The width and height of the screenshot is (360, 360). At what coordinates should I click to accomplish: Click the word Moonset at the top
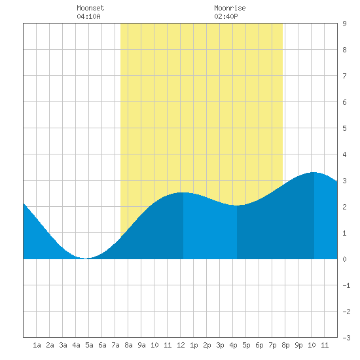point(90,8)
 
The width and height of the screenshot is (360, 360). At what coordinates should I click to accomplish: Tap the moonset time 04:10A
point(88,16)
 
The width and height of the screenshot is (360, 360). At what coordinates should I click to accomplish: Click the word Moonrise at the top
point(230,8)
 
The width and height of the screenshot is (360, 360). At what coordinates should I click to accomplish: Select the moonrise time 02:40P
point(226,16)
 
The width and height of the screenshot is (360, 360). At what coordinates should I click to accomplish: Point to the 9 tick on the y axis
point(344,24)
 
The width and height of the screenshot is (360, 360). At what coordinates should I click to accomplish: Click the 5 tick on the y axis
point(344,128)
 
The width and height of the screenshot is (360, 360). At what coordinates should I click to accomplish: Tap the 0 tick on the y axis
point(344,259)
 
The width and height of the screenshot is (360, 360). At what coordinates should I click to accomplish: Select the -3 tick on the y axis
point(346,338)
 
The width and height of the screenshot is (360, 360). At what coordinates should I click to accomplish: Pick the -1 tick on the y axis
point(346,285)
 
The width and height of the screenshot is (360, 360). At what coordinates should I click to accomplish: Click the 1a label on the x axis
point(37,345)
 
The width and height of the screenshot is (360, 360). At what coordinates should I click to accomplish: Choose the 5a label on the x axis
point(89,345)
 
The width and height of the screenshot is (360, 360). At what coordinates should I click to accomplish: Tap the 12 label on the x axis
point(181,345)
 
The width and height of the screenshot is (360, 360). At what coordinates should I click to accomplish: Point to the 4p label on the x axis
point(233,345)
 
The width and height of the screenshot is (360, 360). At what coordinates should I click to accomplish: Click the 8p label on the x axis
point(285,345)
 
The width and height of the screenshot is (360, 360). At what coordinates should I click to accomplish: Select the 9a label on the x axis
point(141,345)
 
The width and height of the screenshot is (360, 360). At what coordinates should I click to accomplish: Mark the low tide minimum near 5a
point(85,259)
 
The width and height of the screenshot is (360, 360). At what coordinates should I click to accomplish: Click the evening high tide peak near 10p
point(314,172)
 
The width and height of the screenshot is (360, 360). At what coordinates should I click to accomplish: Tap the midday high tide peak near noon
point(183,192)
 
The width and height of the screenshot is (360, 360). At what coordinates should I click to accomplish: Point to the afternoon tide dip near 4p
point(236,206)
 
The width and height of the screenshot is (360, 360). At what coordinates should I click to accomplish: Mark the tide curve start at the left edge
point(24,204)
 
